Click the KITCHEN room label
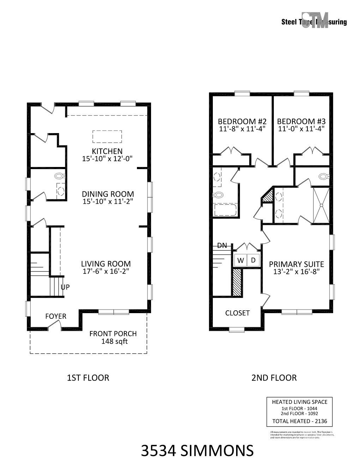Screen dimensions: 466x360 pos(107,151)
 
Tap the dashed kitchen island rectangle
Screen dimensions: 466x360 pos(107,136)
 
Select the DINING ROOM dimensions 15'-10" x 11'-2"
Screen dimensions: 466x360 pos(108,202)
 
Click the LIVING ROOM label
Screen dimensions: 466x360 pos(106,264)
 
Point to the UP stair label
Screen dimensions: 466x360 pos(65,287)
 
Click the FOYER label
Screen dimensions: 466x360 pos(56,316)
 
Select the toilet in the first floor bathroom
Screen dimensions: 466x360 pos(59,176)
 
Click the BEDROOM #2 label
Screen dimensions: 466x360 pos(242,121)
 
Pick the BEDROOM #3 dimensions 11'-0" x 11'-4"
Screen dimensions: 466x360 pos(301,129)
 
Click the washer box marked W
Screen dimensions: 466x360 pos(241,261)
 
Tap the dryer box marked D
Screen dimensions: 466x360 pos(253,261)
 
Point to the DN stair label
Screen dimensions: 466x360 pos(222,246)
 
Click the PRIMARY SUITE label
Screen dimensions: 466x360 pos(296,264)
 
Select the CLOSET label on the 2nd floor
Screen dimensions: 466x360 pos(237,313)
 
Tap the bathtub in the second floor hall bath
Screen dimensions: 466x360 pos(225,210)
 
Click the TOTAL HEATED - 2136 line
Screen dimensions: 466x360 pos(300,421)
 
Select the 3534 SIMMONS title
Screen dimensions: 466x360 pos(197,451)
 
